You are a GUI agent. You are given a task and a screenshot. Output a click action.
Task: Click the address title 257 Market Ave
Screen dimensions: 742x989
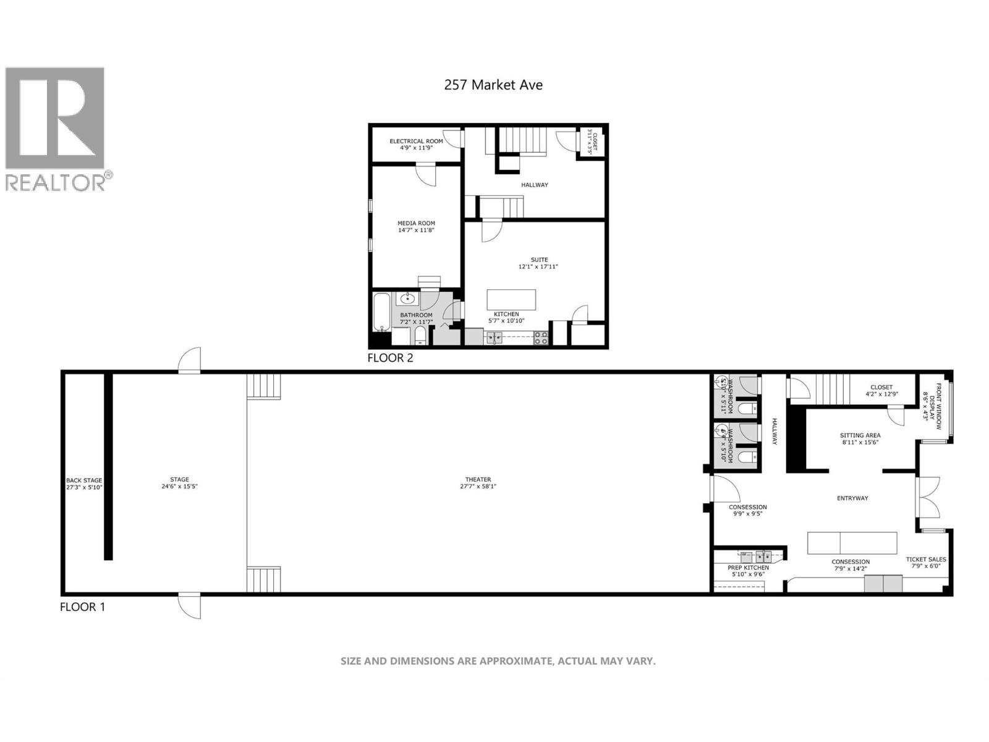493,85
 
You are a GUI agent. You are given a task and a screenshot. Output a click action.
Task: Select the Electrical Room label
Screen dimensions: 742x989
416,142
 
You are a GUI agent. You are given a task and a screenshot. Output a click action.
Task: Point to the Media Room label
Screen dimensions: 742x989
416,223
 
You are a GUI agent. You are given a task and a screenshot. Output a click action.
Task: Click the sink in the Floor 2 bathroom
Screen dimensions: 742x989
407,299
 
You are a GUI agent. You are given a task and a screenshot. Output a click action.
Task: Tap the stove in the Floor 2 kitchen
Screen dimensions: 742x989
541,338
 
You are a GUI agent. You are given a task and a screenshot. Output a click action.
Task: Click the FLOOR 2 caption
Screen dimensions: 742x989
390,357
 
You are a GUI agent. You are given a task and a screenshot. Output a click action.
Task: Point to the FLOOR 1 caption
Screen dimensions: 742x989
82,607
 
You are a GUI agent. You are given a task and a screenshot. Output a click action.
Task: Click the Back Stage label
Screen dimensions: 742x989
84,480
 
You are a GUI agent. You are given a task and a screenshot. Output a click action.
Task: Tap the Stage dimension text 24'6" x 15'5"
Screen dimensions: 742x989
180,487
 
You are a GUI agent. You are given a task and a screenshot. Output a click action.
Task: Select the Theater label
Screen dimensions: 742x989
478,479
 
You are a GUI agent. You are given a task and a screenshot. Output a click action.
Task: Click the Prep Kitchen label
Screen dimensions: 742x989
748,568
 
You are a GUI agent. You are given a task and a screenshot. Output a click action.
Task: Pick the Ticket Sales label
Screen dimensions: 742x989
925,560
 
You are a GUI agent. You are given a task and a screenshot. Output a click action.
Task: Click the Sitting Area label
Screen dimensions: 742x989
860,435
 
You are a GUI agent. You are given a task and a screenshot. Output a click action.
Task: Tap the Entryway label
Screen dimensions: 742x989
852,498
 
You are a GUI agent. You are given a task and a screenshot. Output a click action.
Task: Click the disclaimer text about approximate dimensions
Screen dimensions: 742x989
498,661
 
